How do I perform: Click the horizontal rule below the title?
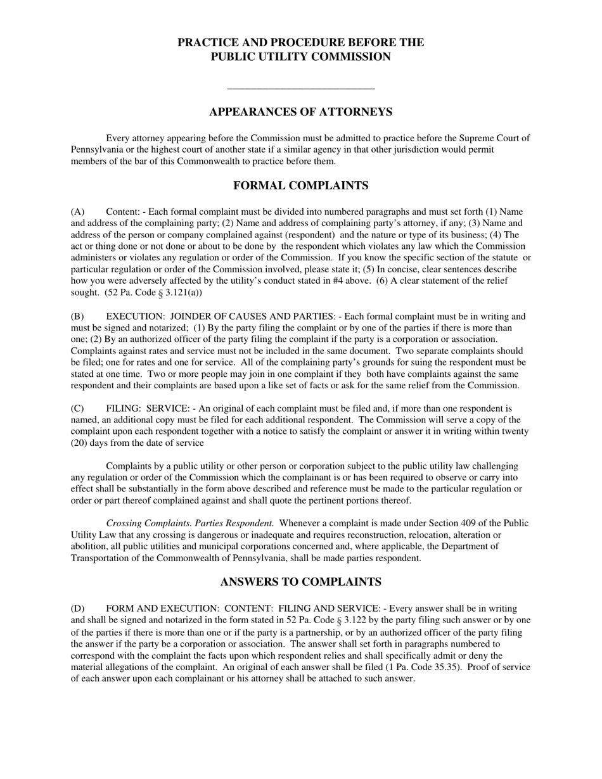(300, 89)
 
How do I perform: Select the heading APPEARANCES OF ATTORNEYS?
(300, 112)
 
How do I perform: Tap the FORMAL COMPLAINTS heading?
(300, 186)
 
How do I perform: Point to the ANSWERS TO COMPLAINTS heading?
(300, 582)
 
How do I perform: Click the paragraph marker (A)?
(77, 212)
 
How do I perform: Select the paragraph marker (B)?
(77, 317)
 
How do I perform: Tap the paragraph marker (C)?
(77, 408)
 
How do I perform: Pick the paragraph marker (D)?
(77, 609)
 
